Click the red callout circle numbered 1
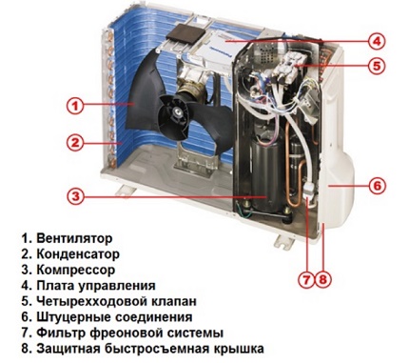[x=75, y=106]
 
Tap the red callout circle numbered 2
[x=75, y=143]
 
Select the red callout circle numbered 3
[x=75, y=196]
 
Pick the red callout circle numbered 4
[x=376, y=41]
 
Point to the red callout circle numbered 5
[x=376, y=66]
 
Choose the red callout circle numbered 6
[x=377, y=186]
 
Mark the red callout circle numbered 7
[x=306, y=280]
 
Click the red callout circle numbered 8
[x=322, y=280]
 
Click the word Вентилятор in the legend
[x=74, y=238]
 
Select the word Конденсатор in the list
[x=78, y=253]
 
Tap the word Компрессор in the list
[x=76, y=270]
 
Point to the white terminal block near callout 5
[x=288, y=69]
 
